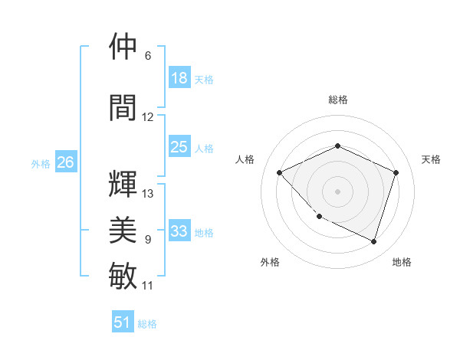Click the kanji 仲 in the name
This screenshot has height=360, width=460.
[x=123, y=47]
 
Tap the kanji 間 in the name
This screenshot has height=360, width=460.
[x=123, y=107]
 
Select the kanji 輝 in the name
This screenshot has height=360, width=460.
[x=123, y=185]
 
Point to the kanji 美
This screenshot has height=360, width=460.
[x=123, y=229]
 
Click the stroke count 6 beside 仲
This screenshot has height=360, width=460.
[x=148, y=56]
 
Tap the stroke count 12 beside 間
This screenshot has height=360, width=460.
[x=148, y=117]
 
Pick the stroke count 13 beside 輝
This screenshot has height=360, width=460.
[x=148, y=194]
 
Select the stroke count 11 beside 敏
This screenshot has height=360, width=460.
[x=148, y=286]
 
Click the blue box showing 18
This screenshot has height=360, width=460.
[x=179, y=78]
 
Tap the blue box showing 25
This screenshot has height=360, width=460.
[x=179, y=147]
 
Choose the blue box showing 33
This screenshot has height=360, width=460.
[x=179, y=231]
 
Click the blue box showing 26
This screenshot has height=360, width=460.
[x=65, y=162]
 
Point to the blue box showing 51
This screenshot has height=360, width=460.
[x=123, y=322]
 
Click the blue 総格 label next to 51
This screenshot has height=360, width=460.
[x=148, y=324]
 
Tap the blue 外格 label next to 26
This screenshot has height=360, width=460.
[x=41, y=164]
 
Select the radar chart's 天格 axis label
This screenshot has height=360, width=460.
[x=431, y=159]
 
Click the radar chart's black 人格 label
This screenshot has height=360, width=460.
[x=245, y=159]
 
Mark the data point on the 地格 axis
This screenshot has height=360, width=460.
[x=373, y=241]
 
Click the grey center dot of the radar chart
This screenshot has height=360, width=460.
[x=337, y=191]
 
